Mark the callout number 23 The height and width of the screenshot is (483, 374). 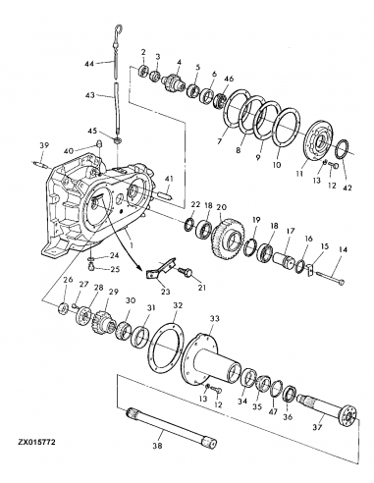(165, 292)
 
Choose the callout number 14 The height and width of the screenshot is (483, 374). (341, 251)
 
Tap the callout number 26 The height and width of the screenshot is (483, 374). (68, 282)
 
